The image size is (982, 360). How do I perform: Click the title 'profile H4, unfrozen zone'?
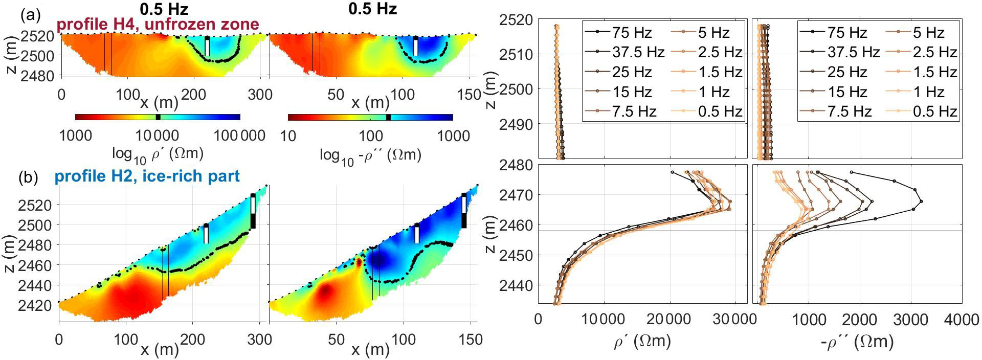(x=158, y=24)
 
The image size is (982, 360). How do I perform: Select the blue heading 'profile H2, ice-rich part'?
(x=147, y=176)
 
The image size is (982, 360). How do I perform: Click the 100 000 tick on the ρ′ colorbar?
(x=239, y=136)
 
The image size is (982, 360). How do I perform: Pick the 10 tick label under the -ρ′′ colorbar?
(x=288, y=136)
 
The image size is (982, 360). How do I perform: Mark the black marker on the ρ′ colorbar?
(x=158, y=117)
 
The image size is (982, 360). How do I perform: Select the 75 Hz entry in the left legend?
(x=619, y=33)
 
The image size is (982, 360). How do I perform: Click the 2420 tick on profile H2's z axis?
(x=39, y=305)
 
